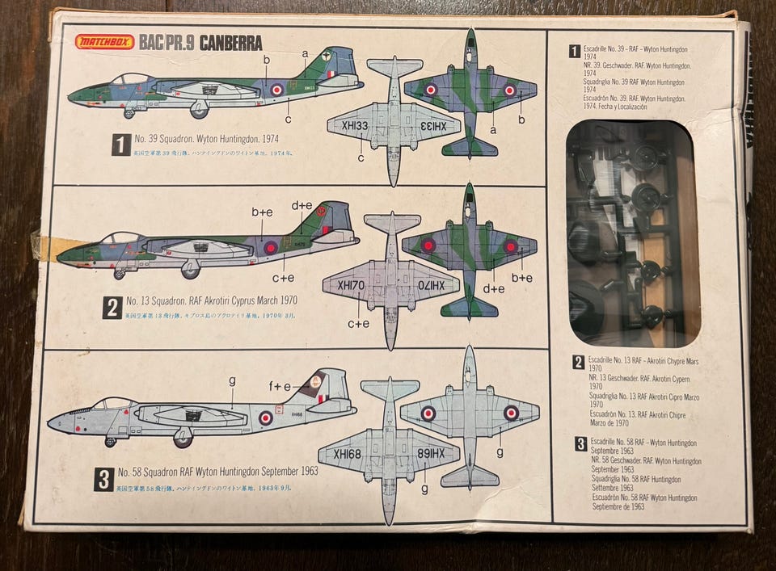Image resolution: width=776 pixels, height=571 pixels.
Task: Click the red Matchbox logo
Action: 105,42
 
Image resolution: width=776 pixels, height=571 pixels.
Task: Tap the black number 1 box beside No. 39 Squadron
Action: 120,145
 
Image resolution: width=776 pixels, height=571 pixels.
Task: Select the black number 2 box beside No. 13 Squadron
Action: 112,307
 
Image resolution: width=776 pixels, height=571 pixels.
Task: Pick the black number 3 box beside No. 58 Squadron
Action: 103,480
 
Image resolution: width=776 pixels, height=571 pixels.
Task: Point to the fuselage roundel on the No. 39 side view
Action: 276,90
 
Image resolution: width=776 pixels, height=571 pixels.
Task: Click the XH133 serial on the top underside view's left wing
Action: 353,126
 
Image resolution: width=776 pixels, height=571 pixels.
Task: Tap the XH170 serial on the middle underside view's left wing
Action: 352,285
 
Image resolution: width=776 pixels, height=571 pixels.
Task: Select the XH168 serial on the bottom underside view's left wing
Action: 348,454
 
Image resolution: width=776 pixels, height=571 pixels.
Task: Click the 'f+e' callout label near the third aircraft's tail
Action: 280,386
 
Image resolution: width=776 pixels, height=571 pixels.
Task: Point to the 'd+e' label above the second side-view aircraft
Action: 302,206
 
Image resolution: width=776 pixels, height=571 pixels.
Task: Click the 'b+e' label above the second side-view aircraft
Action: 261,212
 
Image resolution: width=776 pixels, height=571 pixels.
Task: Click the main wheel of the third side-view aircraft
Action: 183,440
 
